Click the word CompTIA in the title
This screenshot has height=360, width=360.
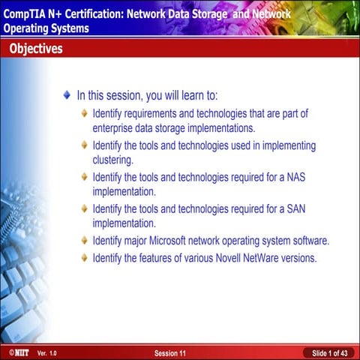[24, 13]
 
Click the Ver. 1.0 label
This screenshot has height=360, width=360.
[46, 352]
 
